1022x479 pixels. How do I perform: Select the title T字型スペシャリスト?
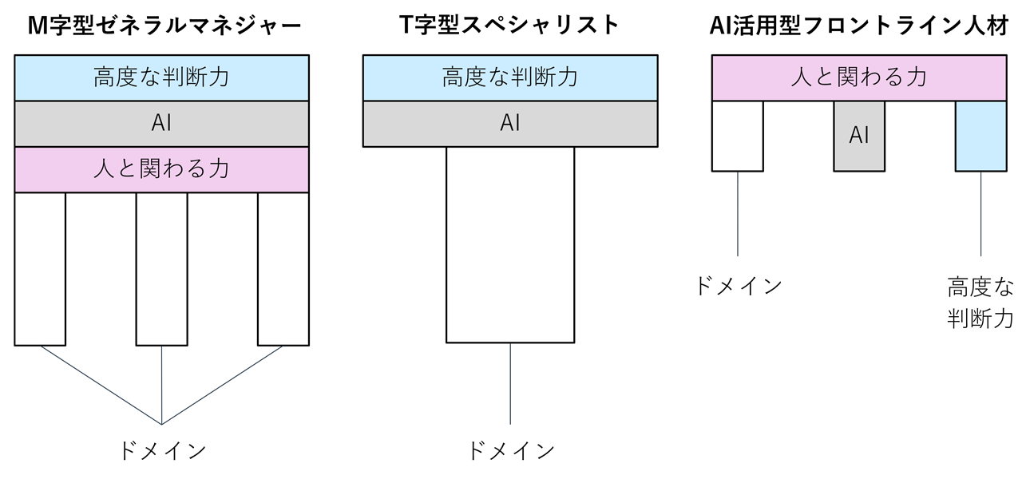click(510, 26)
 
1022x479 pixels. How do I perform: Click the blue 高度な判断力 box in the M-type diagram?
click(161, 77)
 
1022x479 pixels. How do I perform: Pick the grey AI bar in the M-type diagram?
click(161, 124)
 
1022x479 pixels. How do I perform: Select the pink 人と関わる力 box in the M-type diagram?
click(161, 169)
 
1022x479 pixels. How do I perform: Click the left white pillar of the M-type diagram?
click(40, 268)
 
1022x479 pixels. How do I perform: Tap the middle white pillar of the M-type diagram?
click(161, 268)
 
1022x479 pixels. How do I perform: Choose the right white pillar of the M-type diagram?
click(283, 268)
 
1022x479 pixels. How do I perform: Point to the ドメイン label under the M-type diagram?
click(161, 450)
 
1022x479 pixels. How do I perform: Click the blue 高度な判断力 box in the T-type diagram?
click(510, 77)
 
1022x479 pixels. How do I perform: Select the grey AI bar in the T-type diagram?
click(510, 124)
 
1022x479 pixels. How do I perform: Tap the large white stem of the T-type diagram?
click(510, 244)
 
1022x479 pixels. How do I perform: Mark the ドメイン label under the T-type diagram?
click(510, 451)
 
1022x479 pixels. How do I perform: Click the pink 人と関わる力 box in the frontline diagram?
click(858, 77)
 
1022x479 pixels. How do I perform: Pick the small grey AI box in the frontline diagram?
click(859, 136)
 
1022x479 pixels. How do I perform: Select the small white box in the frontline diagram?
click(737, 136)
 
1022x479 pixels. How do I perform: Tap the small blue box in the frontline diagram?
click(980, 136)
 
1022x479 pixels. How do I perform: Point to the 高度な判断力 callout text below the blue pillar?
click(980, 303)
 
